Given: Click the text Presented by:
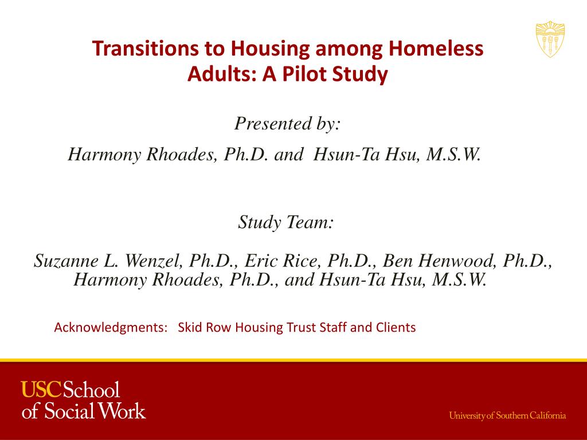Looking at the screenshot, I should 288,124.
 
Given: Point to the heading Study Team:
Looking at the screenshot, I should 285,222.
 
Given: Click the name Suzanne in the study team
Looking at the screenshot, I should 66,261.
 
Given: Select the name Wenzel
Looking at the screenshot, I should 151,261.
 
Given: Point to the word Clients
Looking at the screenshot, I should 395,328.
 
